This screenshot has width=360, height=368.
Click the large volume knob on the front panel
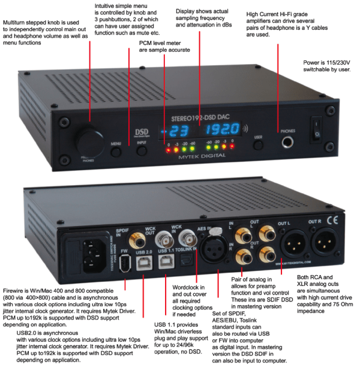(89, 141)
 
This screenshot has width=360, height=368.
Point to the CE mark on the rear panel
(333, 221)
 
